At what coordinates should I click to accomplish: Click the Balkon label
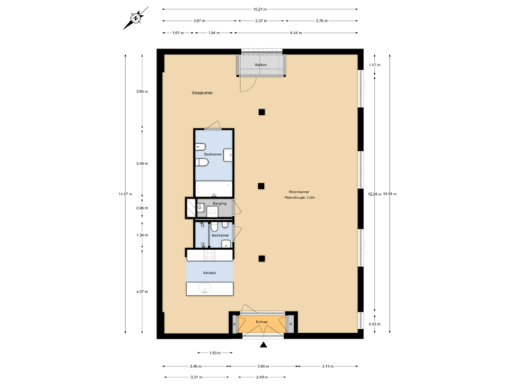(x=262, y=65)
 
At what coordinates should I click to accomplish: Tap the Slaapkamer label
(x=202, y=93)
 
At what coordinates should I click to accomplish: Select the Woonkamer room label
(x=298, y=192)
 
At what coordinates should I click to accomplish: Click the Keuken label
(x=210, y=273)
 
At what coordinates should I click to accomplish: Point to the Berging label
(x=220, y=204)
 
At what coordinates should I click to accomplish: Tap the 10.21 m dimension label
(x=260, y=9)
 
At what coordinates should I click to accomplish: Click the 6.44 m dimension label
(x=295, y=33)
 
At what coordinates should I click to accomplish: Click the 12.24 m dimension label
(x=373, y=193)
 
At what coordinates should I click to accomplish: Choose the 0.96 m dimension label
(x=142, y=208)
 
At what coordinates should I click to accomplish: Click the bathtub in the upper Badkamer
(x=214, y=189)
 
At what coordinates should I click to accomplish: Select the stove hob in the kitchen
(x=210, y=254)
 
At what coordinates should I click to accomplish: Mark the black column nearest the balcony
(x=263, y=112)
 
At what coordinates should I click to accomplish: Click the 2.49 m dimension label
(x=261, y=377)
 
